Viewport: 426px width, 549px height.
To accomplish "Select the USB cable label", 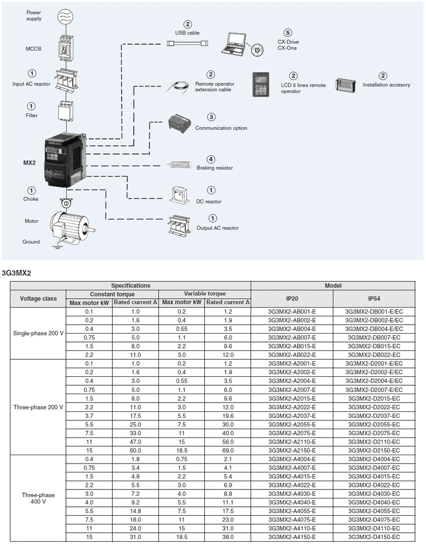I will click(188, 33).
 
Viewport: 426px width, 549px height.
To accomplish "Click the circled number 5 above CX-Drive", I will click(287, 33).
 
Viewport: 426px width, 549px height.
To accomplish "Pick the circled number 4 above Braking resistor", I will click(211, 159).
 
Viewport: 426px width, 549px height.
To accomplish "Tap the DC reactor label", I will click(209, 202).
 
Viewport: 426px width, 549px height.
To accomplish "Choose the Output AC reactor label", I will click(217, 228).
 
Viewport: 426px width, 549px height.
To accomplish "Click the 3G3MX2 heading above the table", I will click(17, 273).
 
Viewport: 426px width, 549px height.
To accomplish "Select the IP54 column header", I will click(374, 298).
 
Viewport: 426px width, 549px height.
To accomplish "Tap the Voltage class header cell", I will click(38, 298).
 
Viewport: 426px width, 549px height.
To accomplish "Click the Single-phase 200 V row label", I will click(38, 333).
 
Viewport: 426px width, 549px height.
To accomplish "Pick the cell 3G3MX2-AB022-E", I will click(292, 354).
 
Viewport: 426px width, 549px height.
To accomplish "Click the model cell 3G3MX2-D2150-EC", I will click(374, 451).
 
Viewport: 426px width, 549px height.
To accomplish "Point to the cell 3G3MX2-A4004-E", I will click(292, 459).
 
